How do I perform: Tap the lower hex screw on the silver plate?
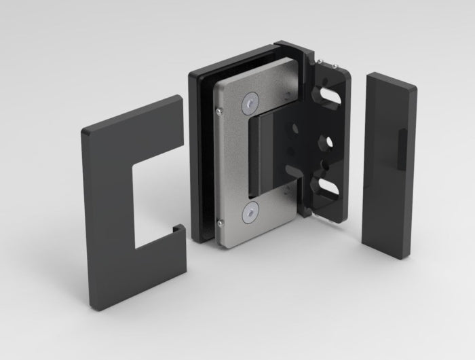[x=250, y=213]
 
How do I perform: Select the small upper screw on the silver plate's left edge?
[x=219, y=109]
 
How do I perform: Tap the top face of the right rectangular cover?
[x=390, y=70]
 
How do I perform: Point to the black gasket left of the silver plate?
[x=199, y=156]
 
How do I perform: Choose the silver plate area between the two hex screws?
[x=234, y=160]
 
